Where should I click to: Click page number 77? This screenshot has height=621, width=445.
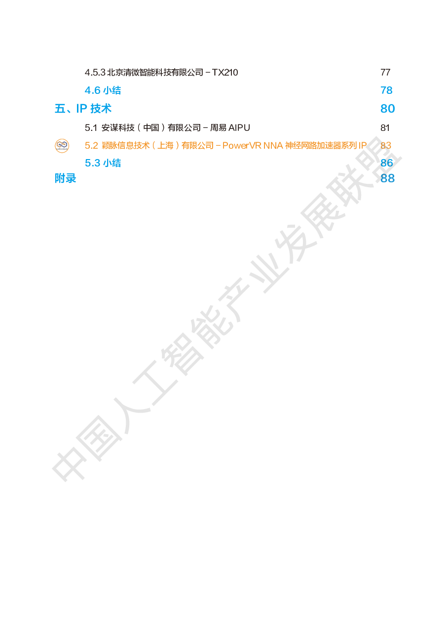pos(385,72)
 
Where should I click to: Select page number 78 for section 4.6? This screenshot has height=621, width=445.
pos(386,90)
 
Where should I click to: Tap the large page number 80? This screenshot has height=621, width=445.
pos(387,108)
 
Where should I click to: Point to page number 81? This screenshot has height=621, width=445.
pos(385,128)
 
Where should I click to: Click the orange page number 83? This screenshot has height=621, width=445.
pos(386,145)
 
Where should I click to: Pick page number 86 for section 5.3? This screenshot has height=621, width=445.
pos(387,163)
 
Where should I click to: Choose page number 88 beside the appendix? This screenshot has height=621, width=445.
pos(387,178)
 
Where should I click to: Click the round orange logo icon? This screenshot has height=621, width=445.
pos(62,146)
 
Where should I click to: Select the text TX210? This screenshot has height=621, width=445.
pos(225,72)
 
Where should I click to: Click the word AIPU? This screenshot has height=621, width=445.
pos(240,128)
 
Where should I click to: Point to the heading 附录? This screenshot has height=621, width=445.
pos(65,178)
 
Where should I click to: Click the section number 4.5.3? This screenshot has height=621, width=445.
pos(95,72)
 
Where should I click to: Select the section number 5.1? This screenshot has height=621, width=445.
pos(91,128)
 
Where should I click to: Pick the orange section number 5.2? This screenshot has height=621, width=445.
pos(91,145)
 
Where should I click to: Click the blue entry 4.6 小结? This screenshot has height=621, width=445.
pos(103,90)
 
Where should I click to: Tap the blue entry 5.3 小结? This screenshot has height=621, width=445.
pos(103,163)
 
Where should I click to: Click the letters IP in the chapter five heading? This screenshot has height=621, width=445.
pos(82,108)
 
